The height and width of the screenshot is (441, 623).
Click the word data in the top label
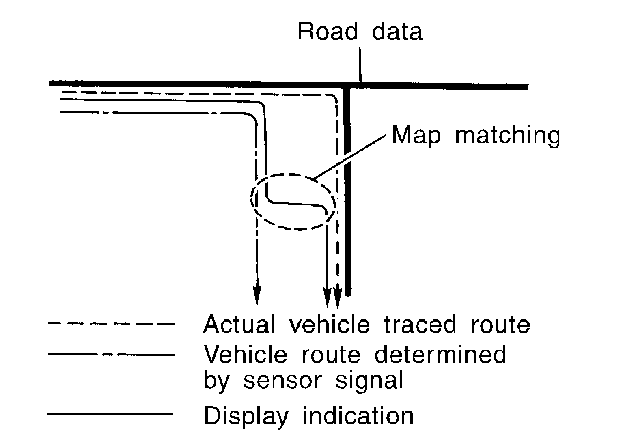[x=397, y=32]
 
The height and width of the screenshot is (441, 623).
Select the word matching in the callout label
[x=507, y=135]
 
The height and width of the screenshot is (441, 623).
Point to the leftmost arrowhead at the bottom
[x=257, y=294]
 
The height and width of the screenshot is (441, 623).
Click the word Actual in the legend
[x=239, y=324]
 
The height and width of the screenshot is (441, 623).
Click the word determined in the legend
[x=440, y=355]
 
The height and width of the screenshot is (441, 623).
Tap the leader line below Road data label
[x=360, y=65]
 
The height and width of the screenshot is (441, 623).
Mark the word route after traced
[x=500, y=324]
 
